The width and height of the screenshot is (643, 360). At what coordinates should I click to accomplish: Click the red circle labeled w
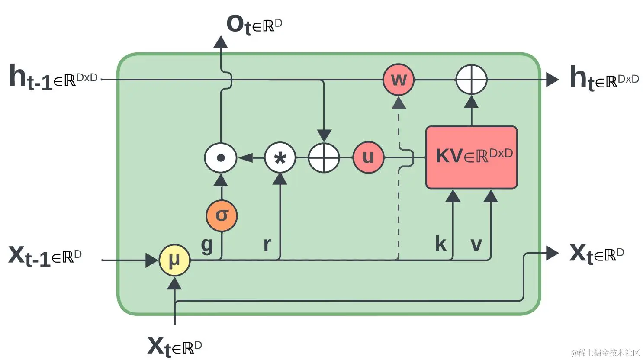click(x=399, y=80)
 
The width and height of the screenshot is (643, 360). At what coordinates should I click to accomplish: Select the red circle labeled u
click(x=368, y=157)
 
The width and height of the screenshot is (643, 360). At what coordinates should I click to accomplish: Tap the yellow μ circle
click(x=174, y=260)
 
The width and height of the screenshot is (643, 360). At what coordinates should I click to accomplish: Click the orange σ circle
click(x=222, y=215)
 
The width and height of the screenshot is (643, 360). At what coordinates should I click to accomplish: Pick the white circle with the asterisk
click(x=280, y=157)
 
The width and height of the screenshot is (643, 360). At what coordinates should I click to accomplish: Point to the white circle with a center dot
click(x=220, y=157)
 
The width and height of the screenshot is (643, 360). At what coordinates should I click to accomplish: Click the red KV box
click(x=472, y=157)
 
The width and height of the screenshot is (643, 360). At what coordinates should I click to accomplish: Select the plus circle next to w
click(x=472, y=80)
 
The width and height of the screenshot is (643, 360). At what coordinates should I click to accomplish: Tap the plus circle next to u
click(x=324, y=157)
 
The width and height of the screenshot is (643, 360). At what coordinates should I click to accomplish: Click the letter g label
click(x=207, y=245)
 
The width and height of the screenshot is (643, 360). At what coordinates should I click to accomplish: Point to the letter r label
click(x=267, y=244)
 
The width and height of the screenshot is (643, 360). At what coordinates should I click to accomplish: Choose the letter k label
click(x=441, y=244)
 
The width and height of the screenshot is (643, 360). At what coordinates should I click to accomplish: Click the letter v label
click(x=476, y=245)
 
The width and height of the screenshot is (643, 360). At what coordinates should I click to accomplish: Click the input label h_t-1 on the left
click(x=53, y=77)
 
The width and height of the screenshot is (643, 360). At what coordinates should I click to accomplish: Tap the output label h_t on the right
click(x=604, y=78)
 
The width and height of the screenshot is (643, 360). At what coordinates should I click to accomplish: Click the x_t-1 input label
click(x=45, y=256)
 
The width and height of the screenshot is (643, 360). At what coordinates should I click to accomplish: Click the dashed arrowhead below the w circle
click(x=399, y=103)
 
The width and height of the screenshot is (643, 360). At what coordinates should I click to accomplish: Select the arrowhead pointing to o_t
click(x=220, y=42)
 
